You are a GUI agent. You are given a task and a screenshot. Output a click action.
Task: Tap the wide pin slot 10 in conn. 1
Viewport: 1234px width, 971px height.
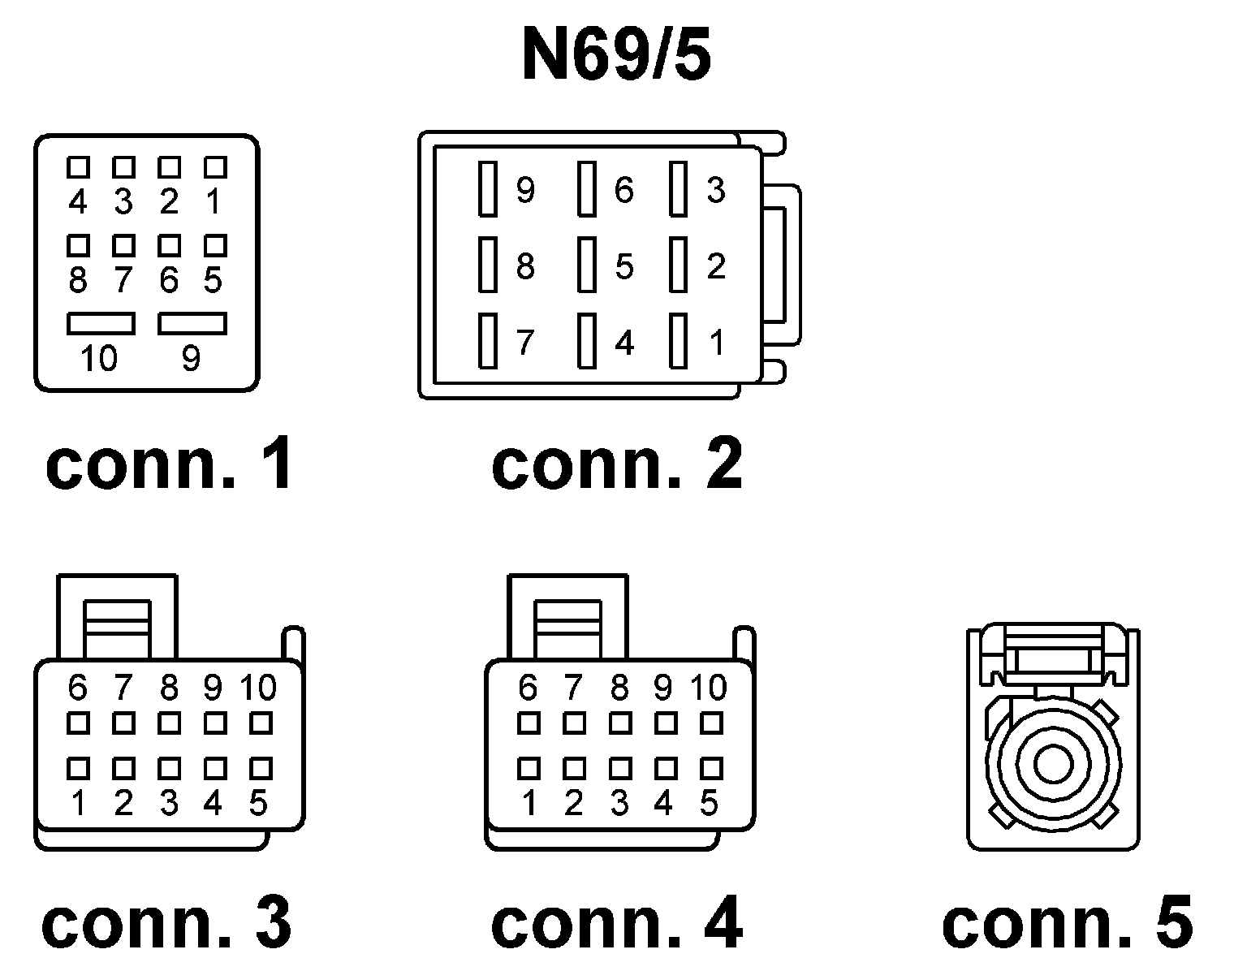[x=101, y=324]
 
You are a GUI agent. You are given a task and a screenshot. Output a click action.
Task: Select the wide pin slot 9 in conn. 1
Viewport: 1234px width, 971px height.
[x=192, y=324]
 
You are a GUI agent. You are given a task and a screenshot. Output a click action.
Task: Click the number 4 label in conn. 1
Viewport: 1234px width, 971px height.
[x=78, y=201]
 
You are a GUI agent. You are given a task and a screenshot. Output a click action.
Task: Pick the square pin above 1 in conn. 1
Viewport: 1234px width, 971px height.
[x=215, y=167]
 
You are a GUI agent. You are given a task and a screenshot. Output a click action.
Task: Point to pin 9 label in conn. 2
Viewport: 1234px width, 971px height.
[x=525, y=191]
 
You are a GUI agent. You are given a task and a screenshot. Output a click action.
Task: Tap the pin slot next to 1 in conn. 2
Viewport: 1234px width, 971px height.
[x=679, y=341]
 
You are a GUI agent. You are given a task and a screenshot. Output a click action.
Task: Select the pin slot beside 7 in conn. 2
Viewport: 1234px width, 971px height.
[x=487, y=341]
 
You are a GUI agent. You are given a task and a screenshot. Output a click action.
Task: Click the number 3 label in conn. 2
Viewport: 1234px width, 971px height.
[x=715, y=189]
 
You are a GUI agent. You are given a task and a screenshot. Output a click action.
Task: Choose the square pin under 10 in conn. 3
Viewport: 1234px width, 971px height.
[x=261, y=722]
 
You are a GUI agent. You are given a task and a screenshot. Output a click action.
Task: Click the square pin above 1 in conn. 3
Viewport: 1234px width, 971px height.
[x=78, y=767]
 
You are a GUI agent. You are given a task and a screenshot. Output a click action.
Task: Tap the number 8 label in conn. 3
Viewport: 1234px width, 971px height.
[x=169, y=688]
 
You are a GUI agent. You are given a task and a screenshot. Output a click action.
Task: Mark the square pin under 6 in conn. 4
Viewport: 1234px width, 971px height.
[x=529, y=722]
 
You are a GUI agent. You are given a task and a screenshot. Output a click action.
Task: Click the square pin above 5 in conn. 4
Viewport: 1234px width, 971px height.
[x=711, y=767]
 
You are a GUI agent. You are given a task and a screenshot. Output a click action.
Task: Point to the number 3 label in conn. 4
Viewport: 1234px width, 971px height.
[x=619, y=804]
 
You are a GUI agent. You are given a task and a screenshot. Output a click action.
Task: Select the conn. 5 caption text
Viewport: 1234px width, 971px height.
[x=1067, y=923]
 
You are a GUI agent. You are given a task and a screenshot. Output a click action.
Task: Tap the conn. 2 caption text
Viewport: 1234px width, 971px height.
[x=617, y=464]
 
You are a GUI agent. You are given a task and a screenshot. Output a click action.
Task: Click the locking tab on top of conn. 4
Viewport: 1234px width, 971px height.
[x=567, y=619]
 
